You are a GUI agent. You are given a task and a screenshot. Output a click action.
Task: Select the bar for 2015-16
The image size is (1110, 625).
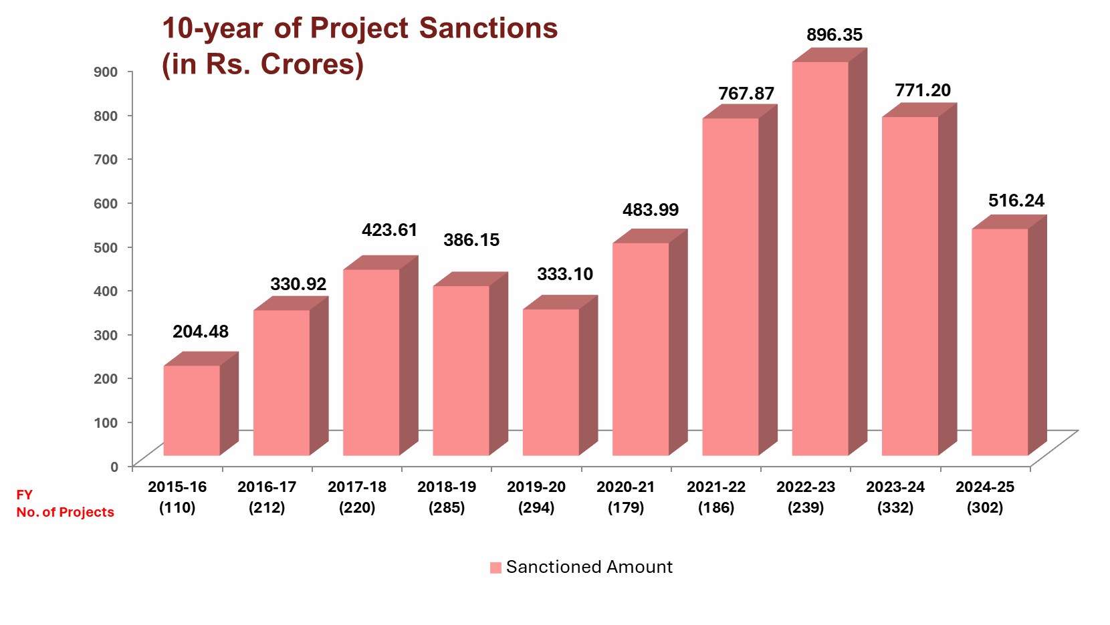[x=192, y=410]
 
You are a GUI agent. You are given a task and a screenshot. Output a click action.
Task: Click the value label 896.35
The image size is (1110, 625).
[x=835, y=35]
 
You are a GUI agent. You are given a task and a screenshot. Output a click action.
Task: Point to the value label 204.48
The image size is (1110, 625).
[x=201, y=332]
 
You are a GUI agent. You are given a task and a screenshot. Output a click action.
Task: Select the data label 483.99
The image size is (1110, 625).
[x=651, y=210]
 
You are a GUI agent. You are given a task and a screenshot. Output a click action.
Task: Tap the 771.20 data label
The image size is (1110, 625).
[x=923, y=90]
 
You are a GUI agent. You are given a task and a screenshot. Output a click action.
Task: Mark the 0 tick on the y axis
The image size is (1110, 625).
[x=114, y=467]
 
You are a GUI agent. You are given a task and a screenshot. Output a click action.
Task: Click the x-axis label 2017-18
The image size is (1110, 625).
[x=357, y=487]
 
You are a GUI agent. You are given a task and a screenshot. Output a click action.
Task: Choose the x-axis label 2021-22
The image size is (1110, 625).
[x=716, y=487]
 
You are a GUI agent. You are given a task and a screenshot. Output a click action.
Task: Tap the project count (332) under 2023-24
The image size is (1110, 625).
[x=895, y=508]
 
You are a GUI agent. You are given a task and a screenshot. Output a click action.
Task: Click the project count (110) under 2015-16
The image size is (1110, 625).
[x=177, y=508]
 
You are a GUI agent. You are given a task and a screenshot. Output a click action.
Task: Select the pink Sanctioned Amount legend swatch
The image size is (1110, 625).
[x=495, y=568]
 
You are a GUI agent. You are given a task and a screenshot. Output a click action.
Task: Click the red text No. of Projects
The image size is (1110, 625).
[x=66, y=513]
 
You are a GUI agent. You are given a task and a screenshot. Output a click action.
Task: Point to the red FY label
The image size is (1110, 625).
[x=25, y=495]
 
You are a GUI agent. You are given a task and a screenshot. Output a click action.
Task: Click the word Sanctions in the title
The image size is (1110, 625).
[x=488, y=29]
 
